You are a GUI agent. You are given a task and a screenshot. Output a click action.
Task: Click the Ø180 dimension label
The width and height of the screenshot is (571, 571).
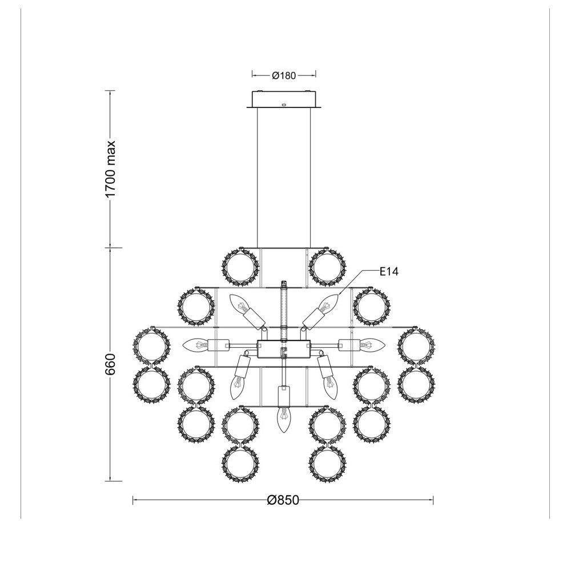(x=284, y=75)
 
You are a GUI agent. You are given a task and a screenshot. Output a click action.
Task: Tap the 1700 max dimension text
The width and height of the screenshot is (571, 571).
(x=110, y=169)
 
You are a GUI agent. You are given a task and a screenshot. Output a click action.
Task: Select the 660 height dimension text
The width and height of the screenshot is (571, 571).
(x=110, y=364)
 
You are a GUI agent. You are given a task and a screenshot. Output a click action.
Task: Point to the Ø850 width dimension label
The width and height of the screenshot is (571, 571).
(x=283, y=500)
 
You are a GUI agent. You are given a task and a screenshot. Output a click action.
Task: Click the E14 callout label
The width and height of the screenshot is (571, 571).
(x=389, y=272)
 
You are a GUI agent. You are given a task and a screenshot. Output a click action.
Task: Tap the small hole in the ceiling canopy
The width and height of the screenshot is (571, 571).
(x=284, y=104)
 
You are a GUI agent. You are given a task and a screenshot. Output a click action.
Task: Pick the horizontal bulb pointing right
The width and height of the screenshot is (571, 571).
(x=372, y=344)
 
